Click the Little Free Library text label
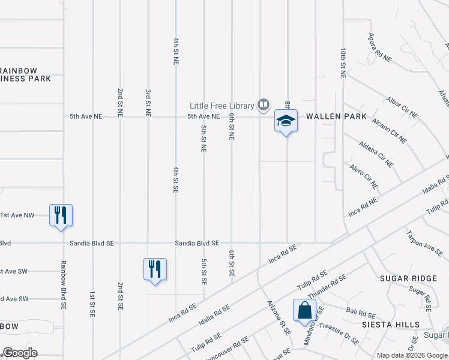221,105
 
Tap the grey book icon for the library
263,105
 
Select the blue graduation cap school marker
286,121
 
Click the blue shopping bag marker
304,310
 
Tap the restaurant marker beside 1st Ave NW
61,215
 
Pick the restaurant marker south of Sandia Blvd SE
155,269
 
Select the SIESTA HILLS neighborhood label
399,324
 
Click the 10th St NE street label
343,64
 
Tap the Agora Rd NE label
379,48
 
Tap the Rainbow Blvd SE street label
63,284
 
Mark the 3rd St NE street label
148,102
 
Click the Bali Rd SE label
360,313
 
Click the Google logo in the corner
20,353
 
